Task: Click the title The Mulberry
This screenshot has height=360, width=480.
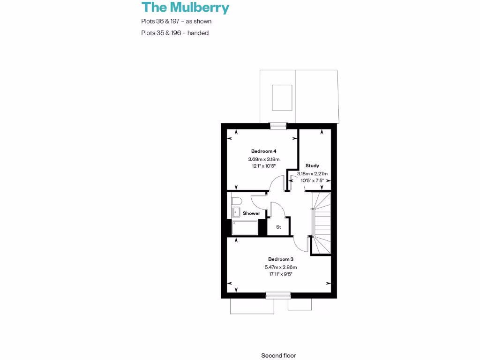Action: point(185,8)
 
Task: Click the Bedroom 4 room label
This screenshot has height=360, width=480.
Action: point(263,151)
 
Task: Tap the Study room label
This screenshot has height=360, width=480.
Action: point(312,165)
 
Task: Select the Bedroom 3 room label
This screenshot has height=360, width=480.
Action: point(281,259)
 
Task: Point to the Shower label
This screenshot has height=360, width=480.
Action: point(251,213)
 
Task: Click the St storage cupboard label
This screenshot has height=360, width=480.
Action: point(278,227)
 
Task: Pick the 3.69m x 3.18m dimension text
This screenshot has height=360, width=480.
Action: point(263,159)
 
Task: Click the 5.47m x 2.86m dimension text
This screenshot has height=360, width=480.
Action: point(281,267)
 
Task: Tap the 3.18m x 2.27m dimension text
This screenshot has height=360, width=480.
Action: point(312,174)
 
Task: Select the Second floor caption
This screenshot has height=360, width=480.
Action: point(278,356)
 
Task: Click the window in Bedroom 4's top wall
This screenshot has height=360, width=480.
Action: point(277,125)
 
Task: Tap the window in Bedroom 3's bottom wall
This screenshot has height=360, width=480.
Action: point(278,295)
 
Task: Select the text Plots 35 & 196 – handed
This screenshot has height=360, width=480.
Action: point(174,33)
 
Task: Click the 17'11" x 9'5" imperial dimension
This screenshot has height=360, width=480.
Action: point(281,274)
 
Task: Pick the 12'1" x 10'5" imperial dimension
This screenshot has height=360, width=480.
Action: point(263,166)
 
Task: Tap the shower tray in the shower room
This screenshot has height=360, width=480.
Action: point(245,228)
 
